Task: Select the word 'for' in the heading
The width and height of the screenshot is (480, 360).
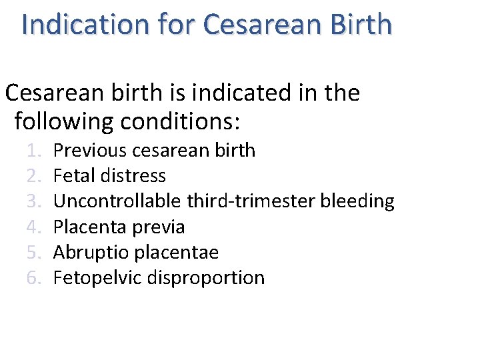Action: (x=176, y=25)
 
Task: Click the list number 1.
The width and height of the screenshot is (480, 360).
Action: (x=34, y=151)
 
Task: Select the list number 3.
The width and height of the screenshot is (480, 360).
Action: (x=34, y=201)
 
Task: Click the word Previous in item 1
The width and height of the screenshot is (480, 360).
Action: (x=90, y=151)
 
